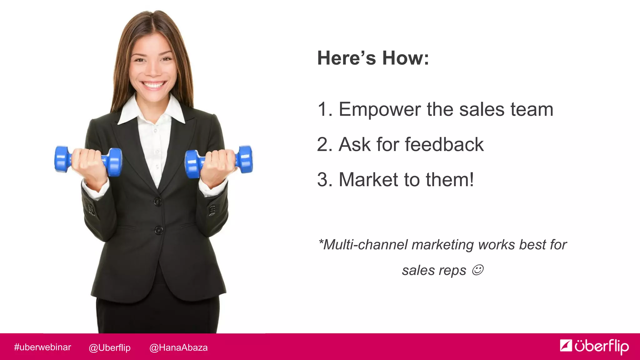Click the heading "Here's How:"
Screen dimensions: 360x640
(x=373, y=58)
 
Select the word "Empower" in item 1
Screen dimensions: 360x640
(x=380, y=110)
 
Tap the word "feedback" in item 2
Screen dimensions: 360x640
(x=444, y=145)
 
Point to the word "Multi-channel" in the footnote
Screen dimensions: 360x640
(x=365, y=245)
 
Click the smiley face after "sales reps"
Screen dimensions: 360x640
(x=477, y=270)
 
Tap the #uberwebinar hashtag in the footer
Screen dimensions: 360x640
(x=42, y=347)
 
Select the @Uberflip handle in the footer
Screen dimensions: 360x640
(x=109, y=347)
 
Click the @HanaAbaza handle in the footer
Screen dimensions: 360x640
(x=178, y=347)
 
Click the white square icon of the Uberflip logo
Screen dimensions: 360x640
(x=566, y=345)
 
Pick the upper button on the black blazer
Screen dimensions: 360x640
(x=158, y=202)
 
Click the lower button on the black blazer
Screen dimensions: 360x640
(x=159, y=231)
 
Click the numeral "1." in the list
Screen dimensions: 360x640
(x=324, y=110)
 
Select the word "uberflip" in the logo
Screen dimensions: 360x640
(x=602, y=346)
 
